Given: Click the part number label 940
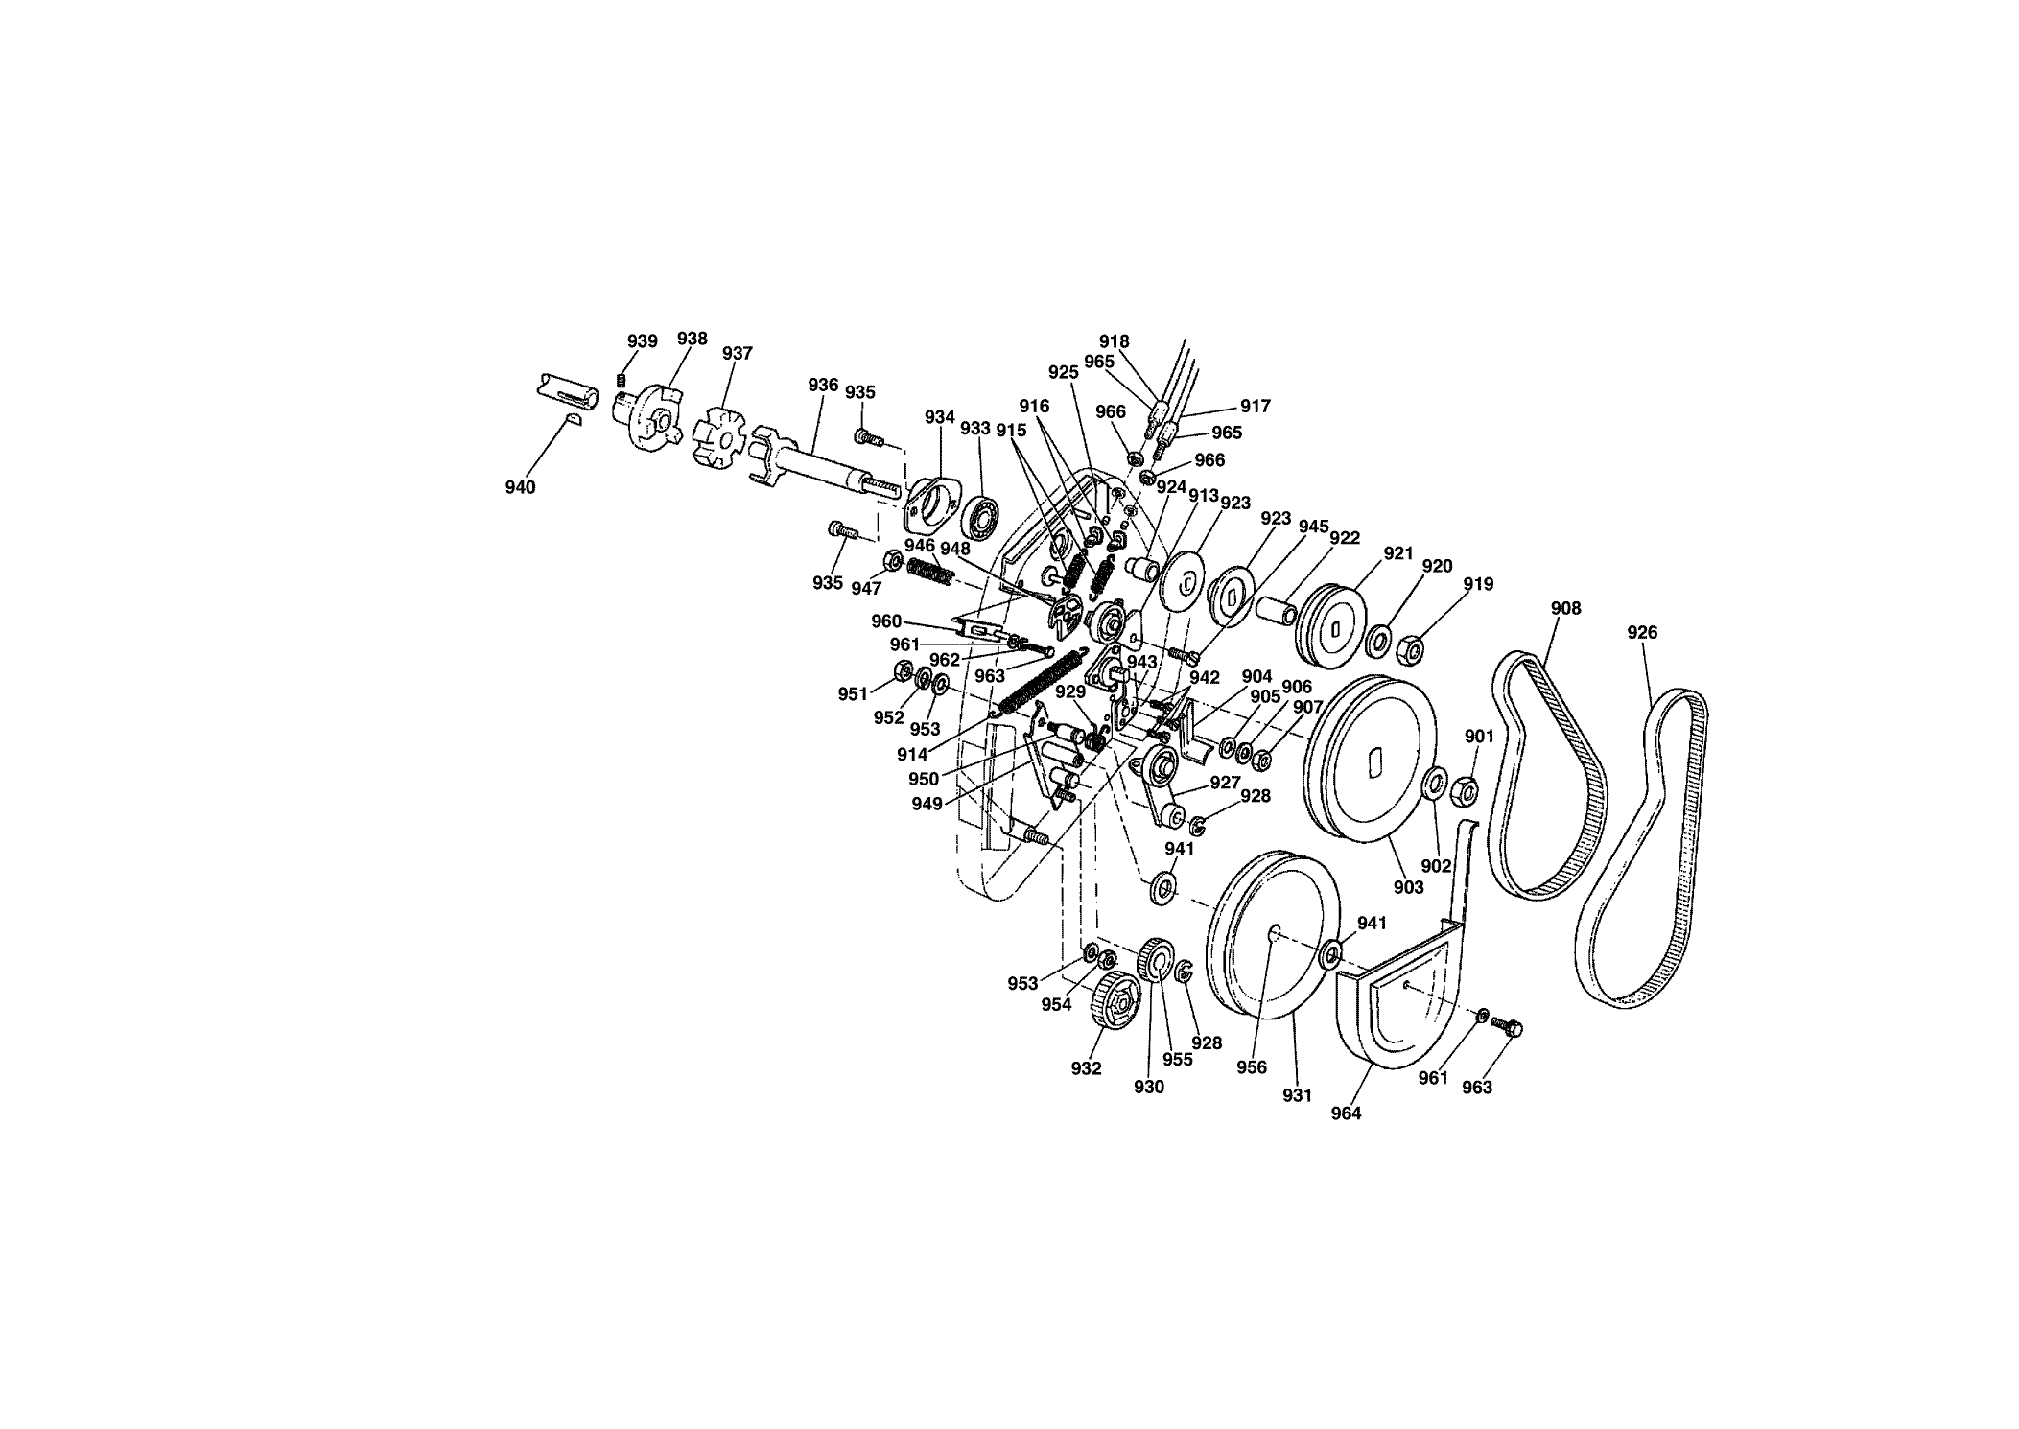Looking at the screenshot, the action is (520, 487).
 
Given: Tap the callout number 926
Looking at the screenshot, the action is (1642, 633).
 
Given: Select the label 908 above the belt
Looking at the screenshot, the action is (1566, 608).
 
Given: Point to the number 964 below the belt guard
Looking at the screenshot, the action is (1346, 1113).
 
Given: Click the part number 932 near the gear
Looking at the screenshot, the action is (1087, 1069).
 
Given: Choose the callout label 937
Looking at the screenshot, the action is (738, 353).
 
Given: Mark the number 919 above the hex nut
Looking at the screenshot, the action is (1478, 584).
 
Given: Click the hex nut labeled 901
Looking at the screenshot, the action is (1465, 790).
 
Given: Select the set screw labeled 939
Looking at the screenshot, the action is (621, 383).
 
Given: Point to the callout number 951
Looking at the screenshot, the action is (853, 694).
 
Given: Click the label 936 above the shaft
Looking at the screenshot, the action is (823, 385).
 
